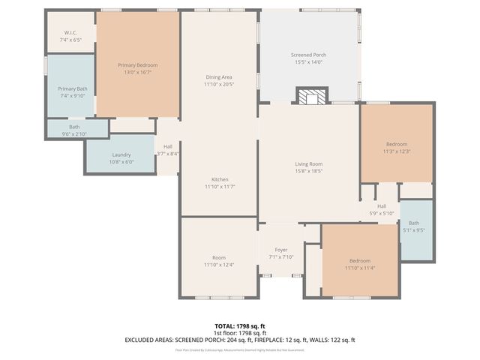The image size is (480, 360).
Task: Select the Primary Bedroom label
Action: click(x=138, y=66)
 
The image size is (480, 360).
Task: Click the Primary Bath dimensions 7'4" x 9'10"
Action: click(x=73, y=96)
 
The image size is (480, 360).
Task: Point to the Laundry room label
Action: click(x=121, y=154)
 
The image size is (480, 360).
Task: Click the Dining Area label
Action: click(x=219, y=77)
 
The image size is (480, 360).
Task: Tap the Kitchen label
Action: click(x=219, y=179)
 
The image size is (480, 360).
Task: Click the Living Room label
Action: click(x=307, y=164)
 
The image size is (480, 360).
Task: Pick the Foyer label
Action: click(x=280, y=250)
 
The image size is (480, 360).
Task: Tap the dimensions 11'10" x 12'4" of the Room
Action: click(x=219, y=265)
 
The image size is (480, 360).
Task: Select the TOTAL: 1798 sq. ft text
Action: click(x=239, y=326)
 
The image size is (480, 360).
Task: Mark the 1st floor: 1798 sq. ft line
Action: click(x=239, y=333)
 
